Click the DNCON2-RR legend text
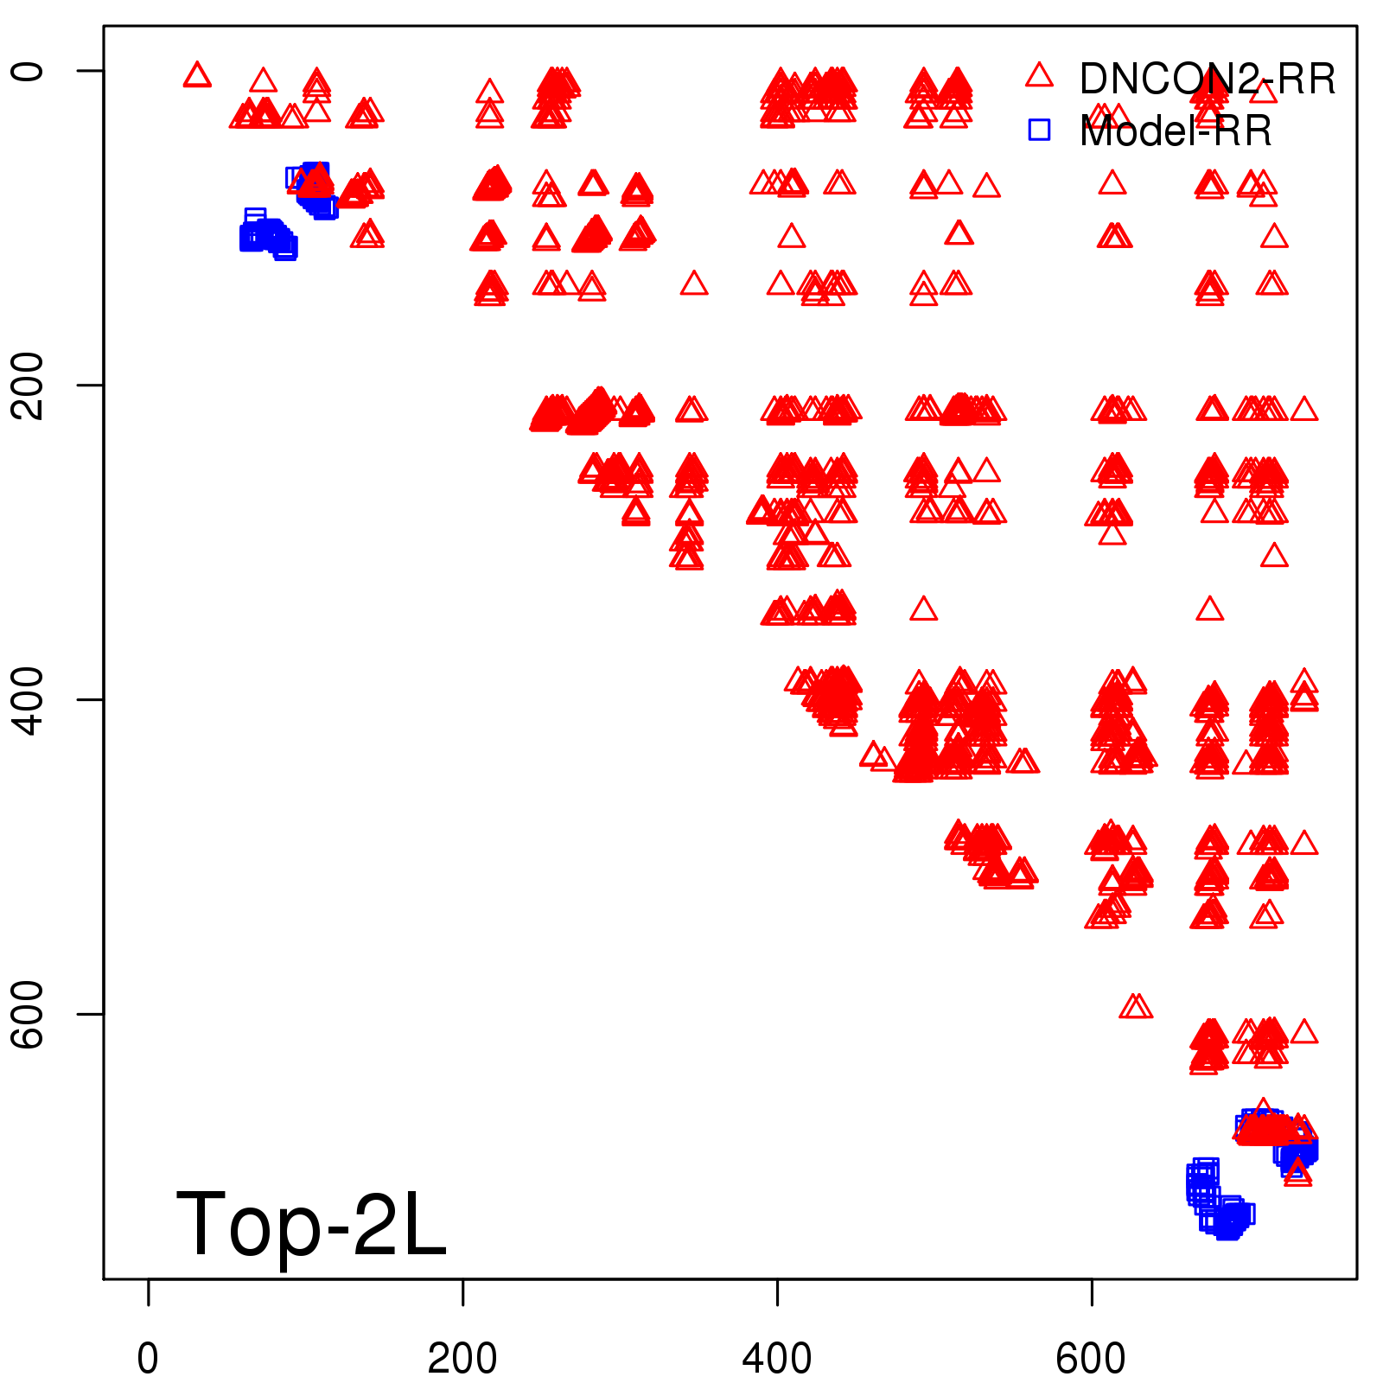(x=1207, y=80)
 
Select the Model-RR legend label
(x=1176, y=131)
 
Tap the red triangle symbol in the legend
(x=1039, y=76)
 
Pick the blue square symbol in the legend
(x=1039, y=130)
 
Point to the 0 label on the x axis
(x=148, y=1359)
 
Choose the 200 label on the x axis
(x=462, y=1359)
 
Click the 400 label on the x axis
(x=777, y=1359)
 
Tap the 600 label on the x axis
(x=1091, y=1359)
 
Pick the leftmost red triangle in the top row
(x=197, y=76)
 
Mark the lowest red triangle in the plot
(x=1297, y=1172)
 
